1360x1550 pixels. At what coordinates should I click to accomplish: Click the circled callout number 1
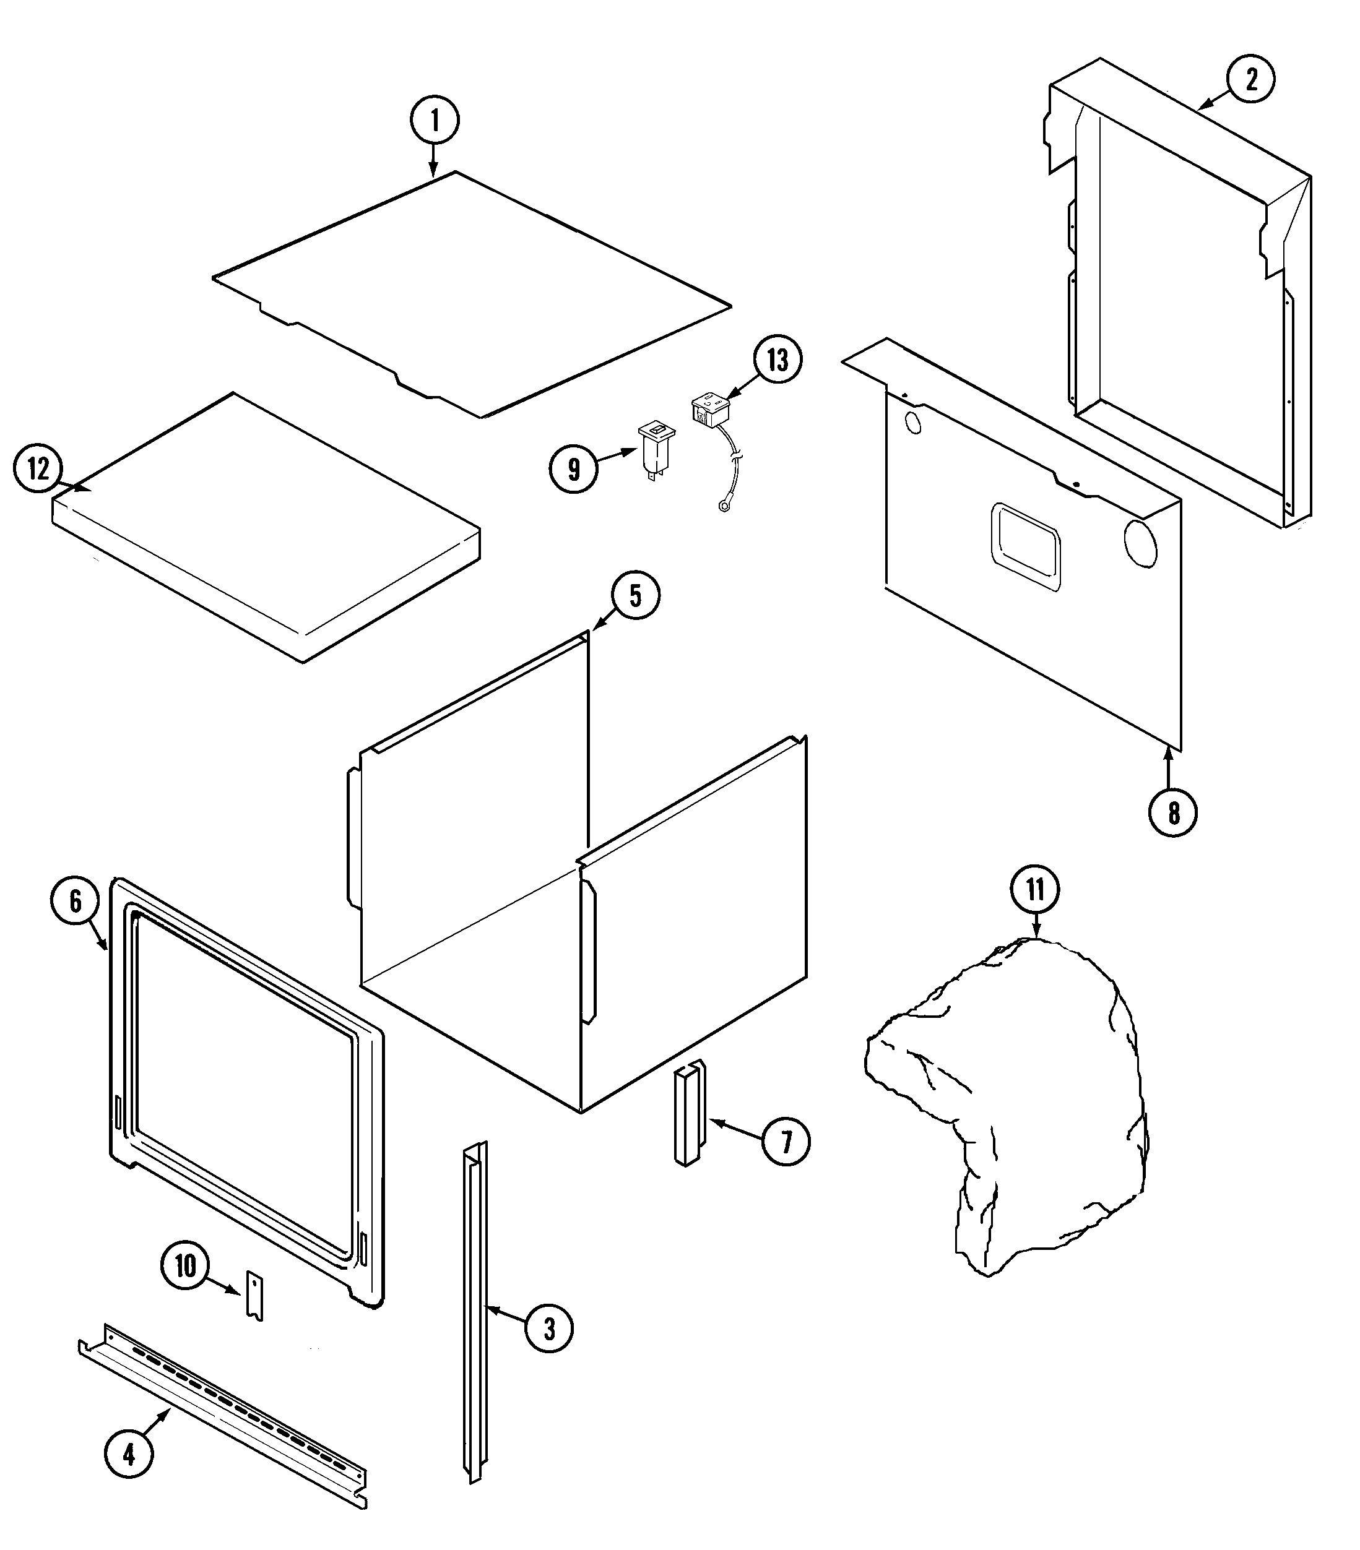pos(434,121)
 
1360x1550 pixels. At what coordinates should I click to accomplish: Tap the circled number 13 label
pos(777,360)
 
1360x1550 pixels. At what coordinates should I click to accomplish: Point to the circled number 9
pos(573,470)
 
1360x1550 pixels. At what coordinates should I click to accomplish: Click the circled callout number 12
pos(38,470)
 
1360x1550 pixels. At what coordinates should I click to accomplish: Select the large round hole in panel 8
pos(1140,543)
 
